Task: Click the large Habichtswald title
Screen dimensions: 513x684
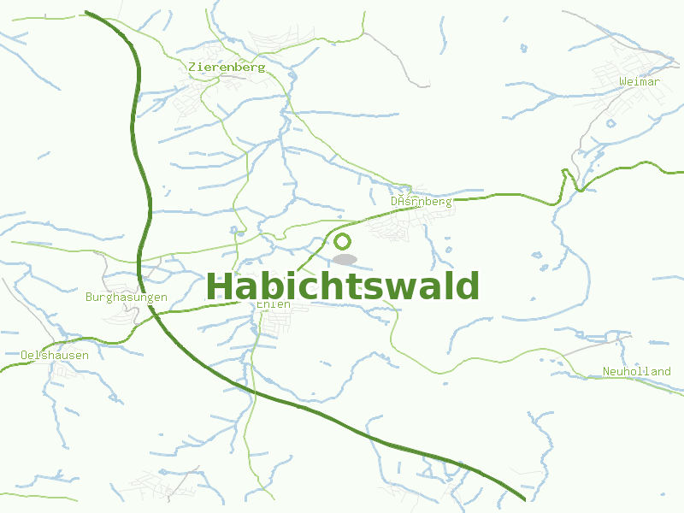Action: (343, 286)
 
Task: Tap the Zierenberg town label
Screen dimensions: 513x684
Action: (227, 67)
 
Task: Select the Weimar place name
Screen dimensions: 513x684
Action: (639, 82)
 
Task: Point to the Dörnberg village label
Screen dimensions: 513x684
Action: (421, 202)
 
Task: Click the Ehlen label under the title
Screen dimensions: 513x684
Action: (274, 304)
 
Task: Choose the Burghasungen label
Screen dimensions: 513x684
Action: (127, 298)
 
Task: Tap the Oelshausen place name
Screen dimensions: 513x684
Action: (55, 355)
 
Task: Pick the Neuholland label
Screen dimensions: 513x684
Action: (636, 371)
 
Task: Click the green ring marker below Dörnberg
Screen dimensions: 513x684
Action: (343, 241)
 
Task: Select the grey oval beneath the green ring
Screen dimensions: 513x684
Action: (345, 258)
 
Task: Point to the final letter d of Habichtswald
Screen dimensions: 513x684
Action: (467, 286)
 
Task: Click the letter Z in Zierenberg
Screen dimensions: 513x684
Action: (192, 67)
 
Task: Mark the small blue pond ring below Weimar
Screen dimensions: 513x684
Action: (610, 123)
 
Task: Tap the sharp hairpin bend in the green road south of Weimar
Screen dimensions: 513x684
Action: (564, 173)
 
